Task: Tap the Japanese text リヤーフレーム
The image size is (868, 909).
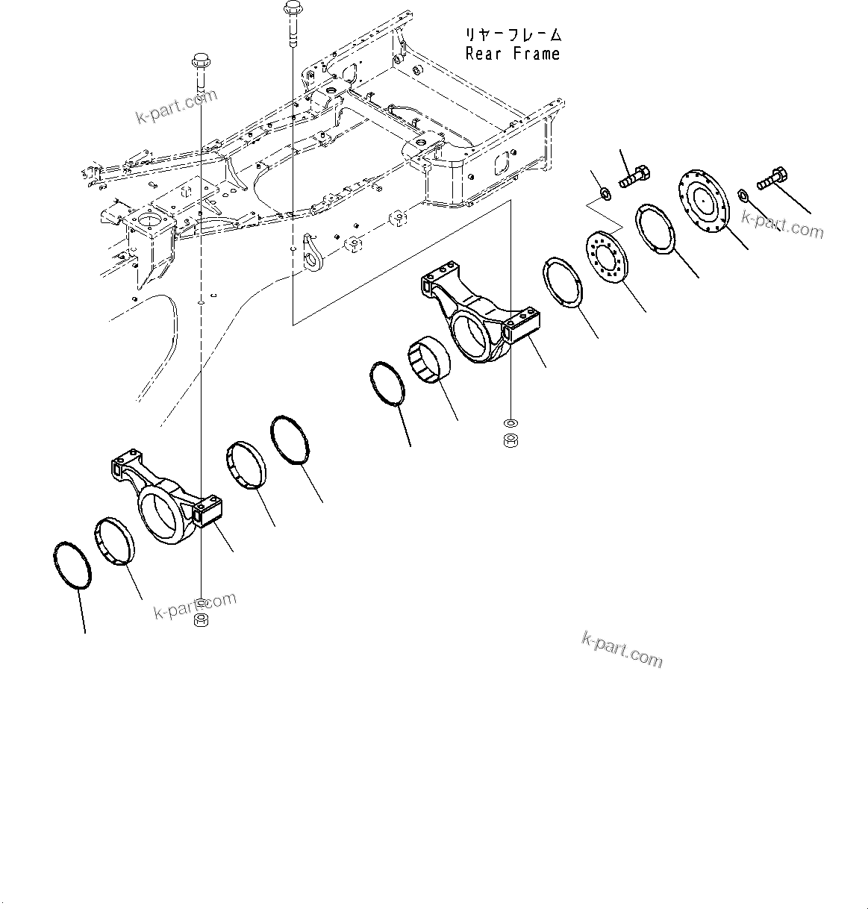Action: pos(512,35)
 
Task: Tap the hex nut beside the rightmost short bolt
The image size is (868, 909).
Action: pos(743,195)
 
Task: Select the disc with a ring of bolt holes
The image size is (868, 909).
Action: pos(607,257)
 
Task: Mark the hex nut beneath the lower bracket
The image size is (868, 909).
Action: pos(201,620)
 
